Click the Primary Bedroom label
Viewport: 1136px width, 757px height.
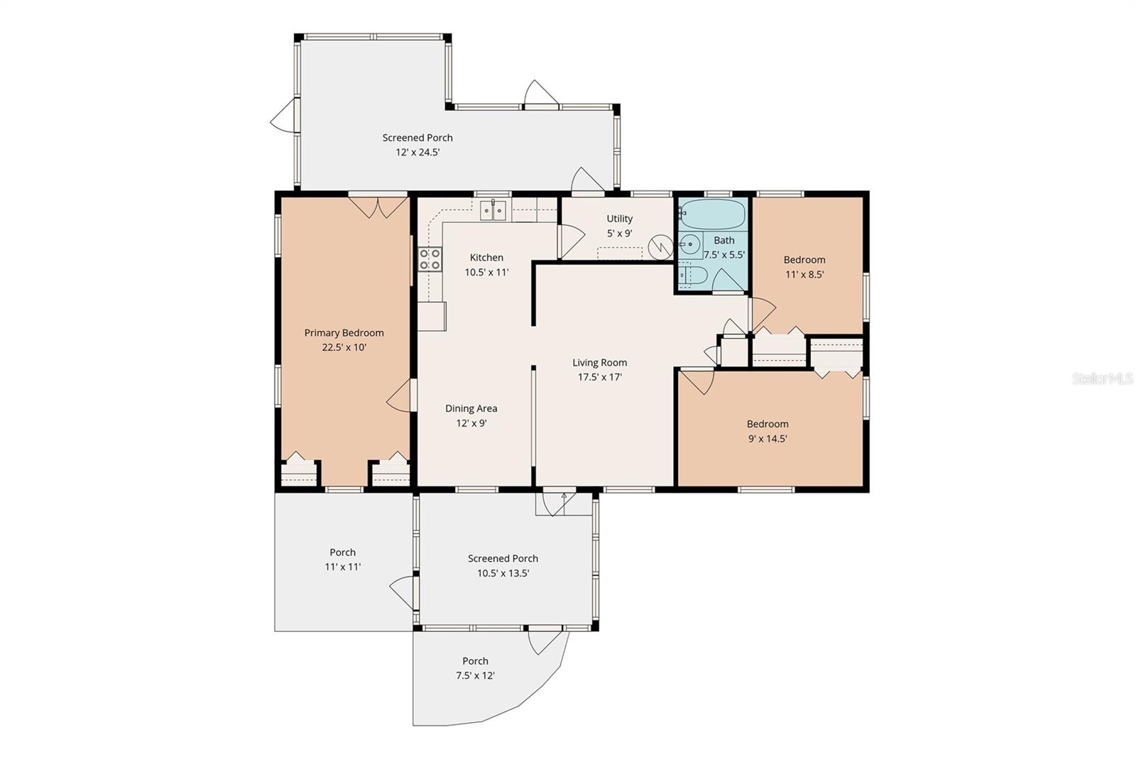(x=344, y=333)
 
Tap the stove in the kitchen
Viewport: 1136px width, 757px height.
(x=430, y=259)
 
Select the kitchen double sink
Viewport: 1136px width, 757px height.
(x=493, y=210)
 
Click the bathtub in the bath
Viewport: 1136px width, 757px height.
(x=713, y=213)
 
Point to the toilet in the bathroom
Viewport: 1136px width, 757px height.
(x=691, y=276)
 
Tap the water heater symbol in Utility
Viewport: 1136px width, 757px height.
(x=660, y=246)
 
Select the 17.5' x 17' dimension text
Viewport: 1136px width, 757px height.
(x=599, y=377)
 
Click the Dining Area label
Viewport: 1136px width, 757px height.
(x=471, y=408)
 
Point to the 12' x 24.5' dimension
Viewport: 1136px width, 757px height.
(x=417, y=152)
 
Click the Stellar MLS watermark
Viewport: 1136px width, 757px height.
(x=1103, y=378)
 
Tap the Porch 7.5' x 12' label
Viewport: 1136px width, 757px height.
(x=475, y=668)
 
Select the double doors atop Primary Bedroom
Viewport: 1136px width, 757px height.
(x=378, y=207)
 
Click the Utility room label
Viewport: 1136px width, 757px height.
(x=619, y=219)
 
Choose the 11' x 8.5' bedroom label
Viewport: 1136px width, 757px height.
(x=804, y=267)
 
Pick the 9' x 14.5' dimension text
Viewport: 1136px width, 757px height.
(x=767, y=439)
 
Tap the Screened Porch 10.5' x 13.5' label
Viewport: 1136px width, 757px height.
(x=503, y=566)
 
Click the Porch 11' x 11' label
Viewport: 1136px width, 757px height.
(x=342, y=560)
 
